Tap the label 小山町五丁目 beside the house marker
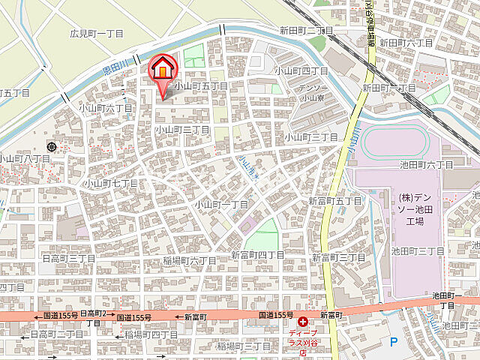pos(200,86)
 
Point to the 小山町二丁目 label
pos(182,129)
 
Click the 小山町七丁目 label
pos(110,183)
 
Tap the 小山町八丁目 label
pos(24,158)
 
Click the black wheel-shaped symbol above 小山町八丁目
pos(51,146)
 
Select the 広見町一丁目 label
pos(97,33)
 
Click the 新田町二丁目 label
pos(306,30)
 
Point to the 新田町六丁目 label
pos(405,43)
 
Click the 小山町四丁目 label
pos(301,70)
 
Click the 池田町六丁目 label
pos(427,164)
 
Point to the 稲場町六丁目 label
pos(190,260)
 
